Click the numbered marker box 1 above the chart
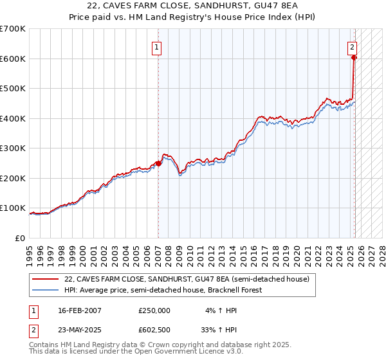click(156, 46)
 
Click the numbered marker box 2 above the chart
click(353, 46)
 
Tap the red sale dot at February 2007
click(158, 163)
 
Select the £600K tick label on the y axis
click(13, 59)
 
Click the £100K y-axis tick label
click(13, 208)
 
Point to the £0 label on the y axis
click(21, 238)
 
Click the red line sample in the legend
click(46, 279)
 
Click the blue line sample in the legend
click(46, 290)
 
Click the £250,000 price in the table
click(154, 310)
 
